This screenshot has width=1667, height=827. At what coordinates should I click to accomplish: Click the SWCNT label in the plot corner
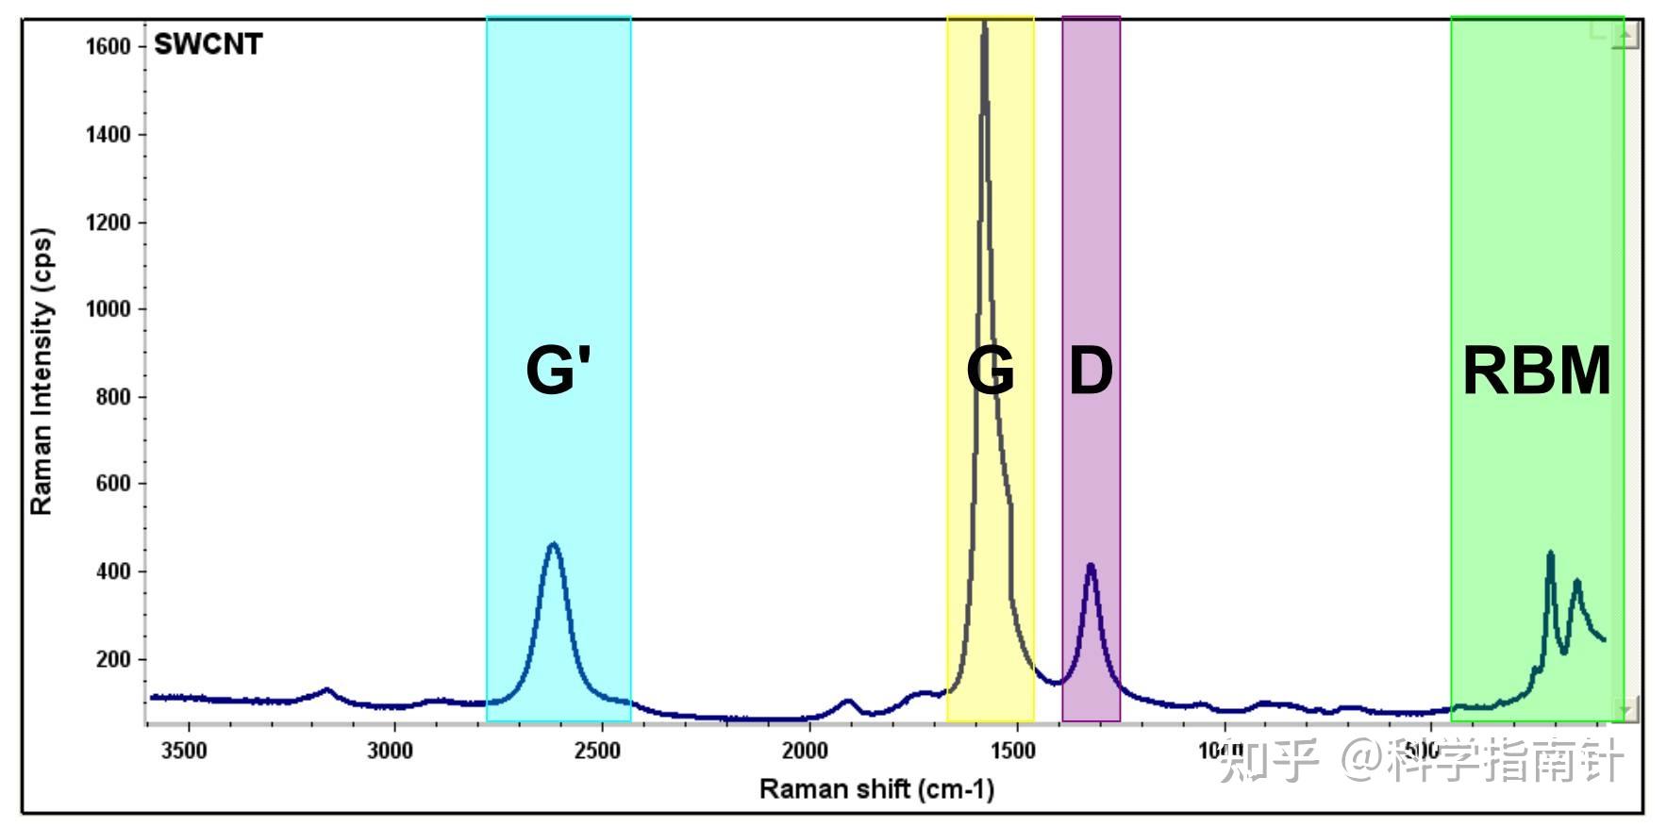click(x=208, y=44)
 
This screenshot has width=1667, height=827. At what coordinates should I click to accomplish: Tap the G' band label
click(x=558, y=370)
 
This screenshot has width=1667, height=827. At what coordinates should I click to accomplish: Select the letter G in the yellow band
click(x=990, y=370)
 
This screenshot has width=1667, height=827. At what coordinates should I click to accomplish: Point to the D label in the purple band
click(x=1091, y=370)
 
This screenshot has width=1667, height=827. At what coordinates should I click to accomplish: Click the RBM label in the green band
click(x=1536, y=370)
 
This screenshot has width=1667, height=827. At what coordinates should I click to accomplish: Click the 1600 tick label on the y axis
click(x=108, y=46)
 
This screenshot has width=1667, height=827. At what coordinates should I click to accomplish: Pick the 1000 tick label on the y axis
click(x=108, y=309)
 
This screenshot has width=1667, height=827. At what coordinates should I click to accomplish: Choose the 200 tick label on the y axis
click(x=113, y=659)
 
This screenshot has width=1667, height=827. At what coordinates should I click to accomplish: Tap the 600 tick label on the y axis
click(x=113, y=484)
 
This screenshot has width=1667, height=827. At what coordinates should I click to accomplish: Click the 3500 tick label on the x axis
click(x=184, y=751)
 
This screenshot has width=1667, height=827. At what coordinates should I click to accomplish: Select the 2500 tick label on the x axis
click(x=599, y=751)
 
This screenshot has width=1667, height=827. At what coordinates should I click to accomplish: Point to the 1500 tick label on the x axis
click(x=1013, y=751)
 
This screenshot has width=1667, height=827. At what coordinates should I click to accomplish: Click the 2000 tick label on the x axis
click(x=806, y=751)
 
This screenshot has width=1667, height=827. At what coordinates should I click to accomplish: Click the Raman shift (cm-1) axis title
click(x=876, y=788)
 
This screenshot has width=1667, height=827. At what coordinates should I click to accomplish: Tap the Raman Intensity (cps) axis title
click(x=42, y=372)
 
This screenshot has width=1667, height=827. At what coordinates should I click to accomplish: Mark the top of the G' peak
click(x=554, y=543)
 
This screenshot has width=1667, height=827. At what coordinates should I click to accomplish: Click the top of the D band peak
click(x=1091, y=565)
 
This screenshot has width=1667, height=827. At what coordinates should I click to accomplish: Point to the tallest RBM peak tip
click(x=1550, y=553)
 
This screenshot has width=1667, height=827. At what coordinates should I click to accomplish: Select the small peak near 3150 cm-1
click(x=326, y=689)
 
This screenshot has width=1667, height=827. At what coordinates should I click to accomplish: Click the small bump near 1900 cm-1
click(x=847, y=701)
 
